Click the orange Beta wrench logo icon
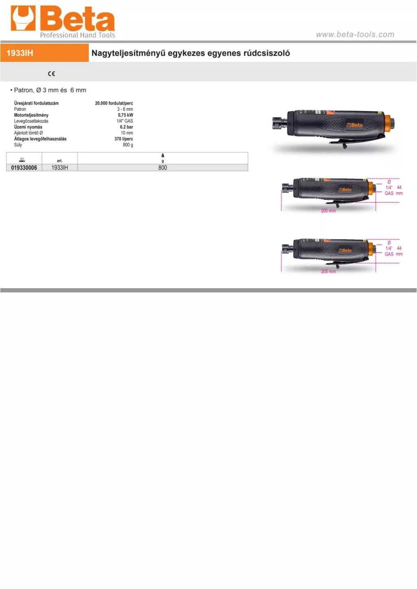click(x=23, y=18)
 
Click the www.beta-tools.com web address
click(x=355, y=35)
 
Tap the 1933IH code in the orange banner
click(x=20, y=53)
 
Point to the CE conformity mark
click(x=51, y=74)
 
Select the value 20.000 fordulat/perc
click(x=114, y=103)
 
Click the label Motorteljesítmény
click(x=31, y=115)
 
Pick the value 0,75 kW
click(x=125, y=115)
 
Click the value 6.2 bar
click(x=127, y=127)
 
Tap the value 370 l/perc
click(x=124, y=139)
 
